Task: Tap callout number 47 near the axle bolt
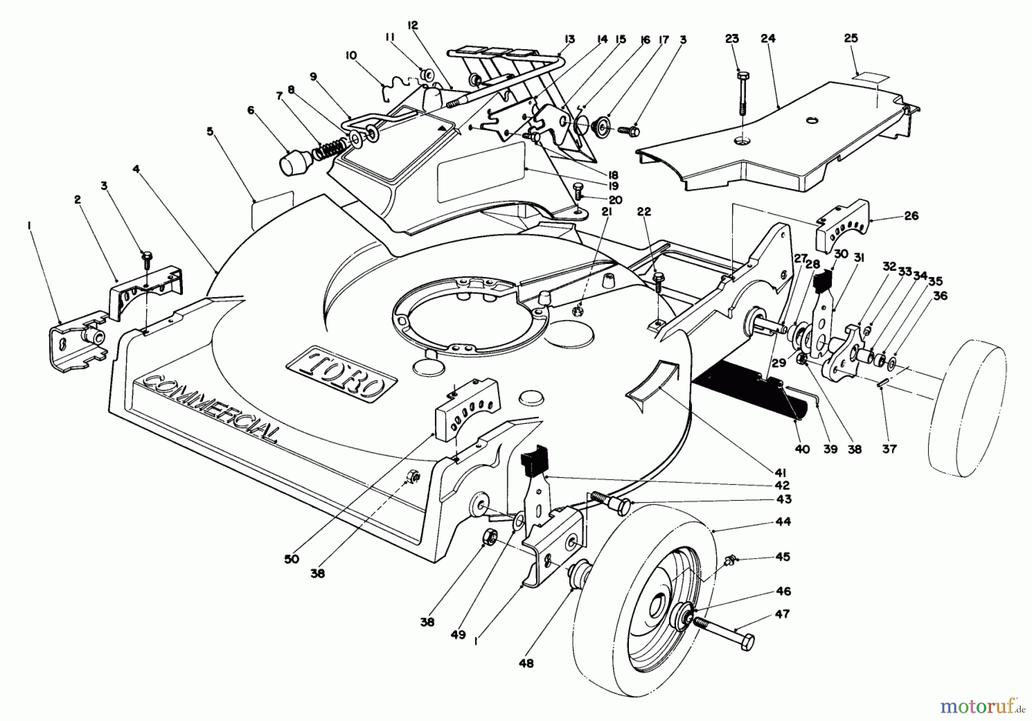(x=782, y=614)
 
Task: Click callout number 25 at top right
(x=851, y=38)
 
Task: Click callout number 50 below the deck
(x=291, y=559)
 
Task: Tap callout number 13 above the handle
(x=569, y=40)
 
